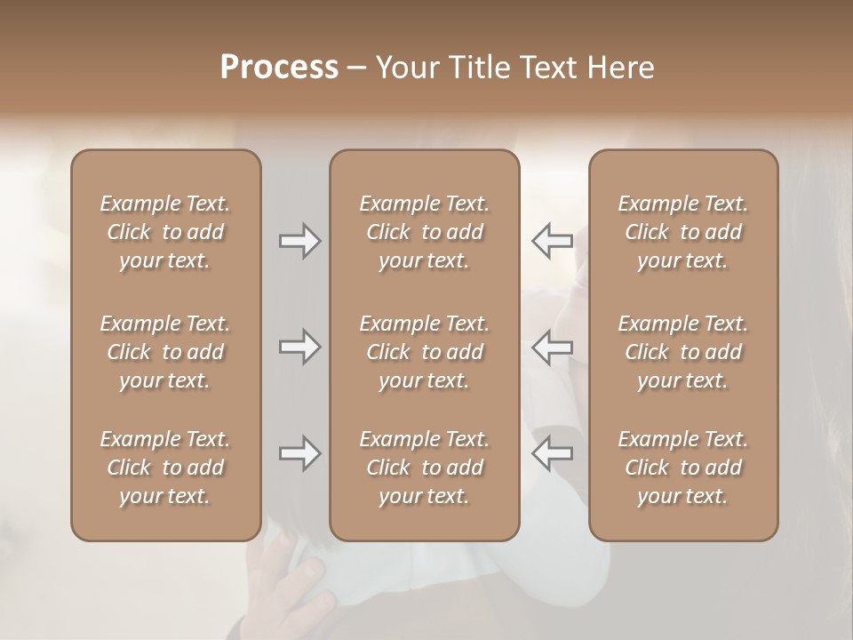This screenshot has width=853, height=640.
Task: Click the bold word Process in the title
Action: coord(279,68)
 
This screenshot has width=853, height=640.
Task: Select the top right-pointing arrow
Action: coord(300,241)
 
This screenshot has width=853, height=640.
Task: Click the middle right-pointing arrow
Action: coord(300,348)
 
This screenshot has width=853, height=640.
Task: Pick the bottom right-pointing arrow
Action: coord(300,454)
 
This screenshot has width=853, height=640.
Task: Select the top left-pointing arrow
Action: coord(552,241)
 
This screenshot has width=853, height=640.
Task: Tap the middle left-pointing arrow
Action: coord(552,348)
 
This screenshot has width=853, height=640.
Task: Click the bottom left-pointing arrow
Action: coord(552,454)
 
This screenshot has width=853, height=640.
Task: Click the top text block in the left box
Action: coord(165,232)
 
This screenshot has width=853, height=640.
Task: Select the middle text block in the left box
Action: coord(165,352)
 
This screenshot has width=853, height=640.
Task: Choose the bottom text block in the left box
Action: coord(165,468)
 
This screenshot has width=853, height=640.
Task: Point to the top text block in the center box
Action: coord(425,232)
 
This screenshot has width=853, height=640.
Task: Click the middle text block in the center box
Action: coord(425,352)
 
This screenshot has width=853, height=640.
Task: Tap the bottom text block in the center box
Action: coord(425,468)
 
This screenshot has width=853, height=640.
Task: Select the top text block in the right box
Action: coord(683,232)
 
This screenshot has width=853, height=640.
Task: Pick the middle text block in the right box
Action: coord(683,352)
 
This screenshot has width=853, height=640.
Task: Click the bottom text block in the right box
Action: coord(683,468)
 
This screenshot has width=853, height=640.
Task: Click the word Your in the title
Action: coord(404,68)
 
